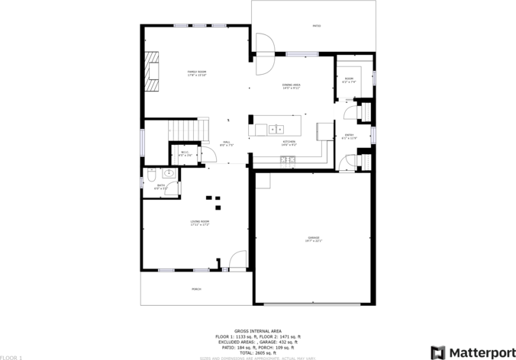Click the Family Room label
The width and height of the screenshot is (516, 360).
point(197,72)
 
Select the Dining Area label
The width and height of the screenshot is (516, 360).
point(291,85)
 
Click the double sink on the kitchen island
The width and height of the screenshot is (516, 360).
point(276,128)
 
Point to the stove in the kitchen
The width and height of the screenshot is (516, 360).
point(288,159)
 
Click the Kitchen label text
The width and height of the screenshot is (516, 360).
point(289,141)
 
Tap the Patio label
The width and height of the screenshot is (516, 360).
point(316,26)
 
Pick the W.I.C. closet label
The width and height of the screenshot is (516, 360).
point(185,153)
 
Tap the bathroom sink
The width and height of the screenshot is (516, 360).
point(169,173)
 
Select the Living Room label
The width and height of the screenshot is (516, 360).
point(200,223)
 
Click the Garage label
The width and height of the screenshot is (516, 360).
point(314,239)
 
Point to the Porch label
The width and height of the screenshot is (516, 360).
point(196,289)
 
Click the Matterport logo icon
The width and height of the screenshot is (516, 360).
point(437,352)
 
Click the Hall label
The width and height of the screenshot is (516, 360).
point(227,142)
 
